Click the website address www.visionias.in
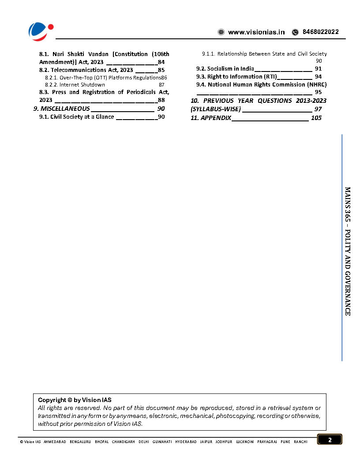pyautogui.click(x=256, y=32)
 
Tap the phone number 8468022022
pyautogui.click(x=321, y=32)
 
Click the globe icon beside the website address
pyautogui.click(x=221, y=32)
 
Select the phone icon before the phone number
pyautogui.click(x=295, y=32)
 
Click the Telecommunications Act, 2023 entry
pyautogui.click(x=86, y=70)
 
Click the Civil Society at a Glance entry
pyautogui.click(x=76, y=117)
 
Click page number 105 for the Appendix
pyautogui.click(x=316, y=118)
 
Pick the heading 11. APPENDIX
pyautogui.click(x=211, y=118)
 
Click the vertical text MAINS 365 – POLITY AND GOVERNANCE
pyautogui.click(x=348, y=250)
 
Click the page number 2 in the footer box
pyautogui.click(x=329, y=440)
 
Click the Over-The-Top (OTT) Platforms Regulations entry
pyautogui.click(x=103, y=77)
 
